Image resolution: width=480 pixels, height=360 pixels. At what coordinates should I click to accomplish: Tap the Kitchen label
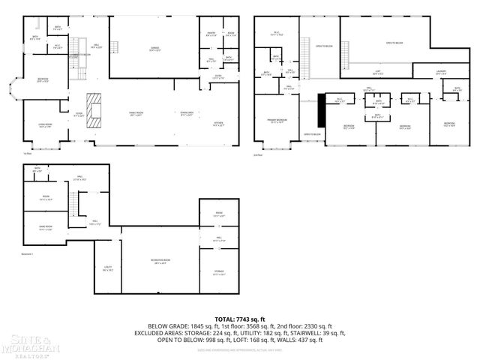(218, 124)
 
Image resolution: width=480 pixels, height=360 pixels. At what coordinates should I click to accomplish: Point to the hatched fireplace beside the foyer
(93, 112)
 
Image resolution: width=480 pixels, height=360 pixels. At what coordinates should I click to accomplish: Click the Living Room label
(45, 124)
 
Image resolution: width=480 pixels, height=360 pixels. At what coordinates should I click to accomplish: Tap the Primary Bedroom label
(277, 120)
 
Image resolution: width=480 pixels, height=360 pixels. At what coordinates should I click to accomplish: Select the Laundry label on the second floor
(442, 72)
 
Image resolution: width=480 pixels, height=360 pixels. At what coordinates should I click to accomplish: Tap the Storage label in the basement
(218, 272)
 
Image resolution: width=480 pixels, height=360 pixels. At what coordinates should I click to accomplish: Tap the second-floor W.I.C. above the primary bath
(277, 32)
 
